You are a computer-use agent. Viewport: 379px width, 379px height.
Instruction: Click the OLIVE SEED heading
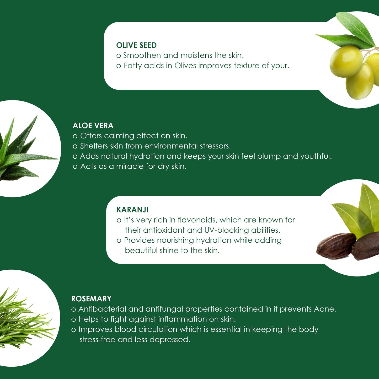coord(136,45)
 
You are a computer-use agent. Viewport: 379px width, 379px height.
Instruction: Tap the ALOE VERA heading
coord(93,125)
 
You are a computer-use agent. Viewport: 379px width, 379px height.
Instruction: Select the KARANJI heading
coord(132,210)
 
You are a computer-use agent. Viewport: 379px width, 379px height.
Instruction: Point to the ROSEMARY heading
coord(91,298)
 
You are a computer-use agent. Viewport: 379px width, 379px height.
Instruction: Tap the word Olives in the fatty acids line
coord(185,66)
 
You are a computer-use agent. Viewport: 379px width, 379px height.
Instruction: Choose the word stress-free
coord(97,339)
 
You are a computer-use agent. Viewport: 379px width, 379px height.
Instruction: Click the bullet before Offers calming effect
coord(75,136)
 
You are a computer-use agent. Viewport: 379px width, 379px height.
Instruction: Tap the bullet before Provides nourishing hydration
coord(119,241)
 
